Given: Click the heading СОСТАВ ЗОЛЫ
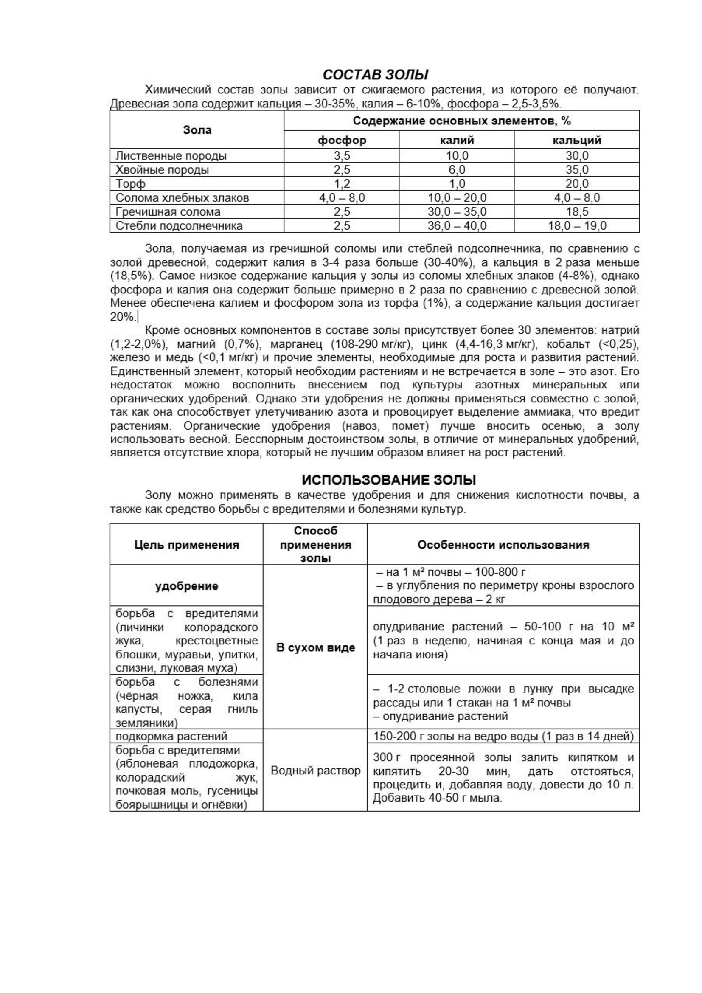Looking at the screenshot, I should [375, 75].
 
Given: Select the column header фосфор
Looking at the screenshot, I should [342, 140].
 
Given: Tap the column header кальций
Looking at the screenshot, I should [577, 140].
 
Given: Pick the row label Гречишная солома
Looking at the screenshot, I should [168, 212].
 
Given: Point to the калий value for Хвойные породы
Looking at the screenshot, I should [457, 169].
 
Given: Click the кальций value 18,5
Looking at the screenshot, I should [577, 212].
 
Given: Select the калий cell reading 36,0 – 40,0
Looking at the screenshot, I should [457, 226].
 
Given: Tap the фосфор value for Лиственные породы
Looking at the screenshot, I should [342, 156].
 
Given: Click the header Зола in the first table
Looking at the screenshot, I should [197, 130].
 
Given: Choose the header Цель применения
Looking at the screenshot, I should [186, 545].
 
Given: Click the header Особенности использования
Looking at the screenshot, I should [503, 545].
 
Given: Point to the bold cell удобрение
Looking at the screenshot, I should [186, 586].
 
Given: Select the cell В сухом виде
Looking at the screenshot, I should [315, 647].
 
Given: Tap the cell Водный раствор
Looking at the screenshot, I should [315, 770].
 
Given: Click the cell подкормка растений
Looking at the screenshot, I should [171, 736].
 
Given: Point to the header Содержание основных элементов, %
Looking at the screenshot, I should [462, 121].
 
